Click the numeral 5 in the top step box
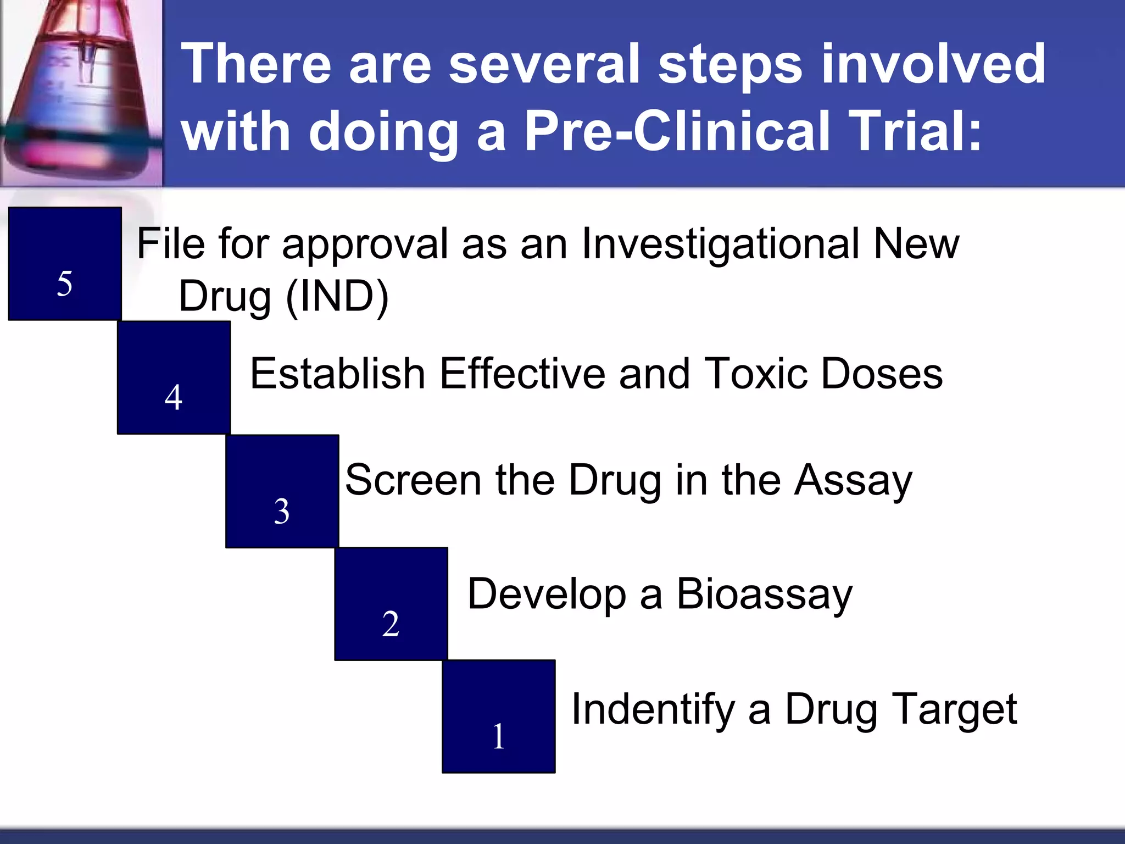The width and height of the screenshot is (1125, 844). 65,284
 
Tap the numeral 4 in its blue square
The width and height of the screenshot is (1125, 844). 174,397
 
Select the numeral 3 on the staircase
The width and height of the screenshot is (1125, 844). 282,511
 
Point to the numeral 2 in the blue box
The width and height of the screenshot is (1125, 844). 391,624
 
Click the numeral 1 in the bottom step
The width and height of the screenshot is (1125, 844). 498,736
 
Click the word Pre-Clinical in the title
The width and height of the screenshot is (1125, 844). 676,131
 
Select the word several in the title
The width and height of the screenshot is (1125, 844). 544,64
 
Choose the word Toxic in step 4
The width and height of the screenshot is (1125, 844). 755,374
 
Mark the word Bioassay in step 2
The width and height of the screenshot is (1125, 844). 764,595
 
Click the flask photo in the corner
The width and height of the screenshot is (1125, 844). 81,92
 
